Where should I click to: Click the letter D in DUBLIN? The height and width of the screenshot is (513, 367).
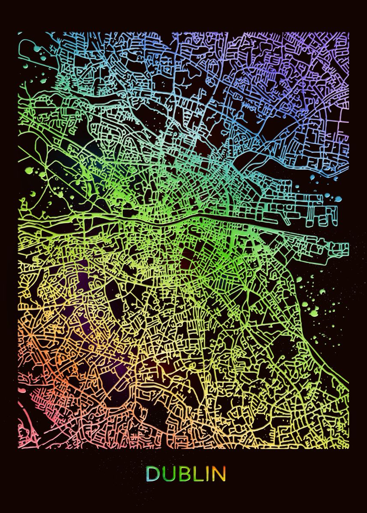[x=152, y=474]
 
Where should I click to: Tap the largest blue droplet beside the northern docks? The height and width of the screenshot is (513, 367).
[x=338, y=199]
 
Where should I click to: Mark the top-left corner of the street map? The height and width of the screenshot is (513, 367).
[x=18, y=32]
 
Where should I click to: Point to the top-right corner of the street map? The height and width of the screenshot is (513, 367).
[x=349, y=32]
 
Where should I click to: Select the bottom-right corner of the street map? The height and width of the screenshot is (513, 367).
[x=349, y=448]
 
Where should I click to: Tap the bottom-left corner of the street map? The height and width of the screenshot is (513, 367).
[x=18, y=448]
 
